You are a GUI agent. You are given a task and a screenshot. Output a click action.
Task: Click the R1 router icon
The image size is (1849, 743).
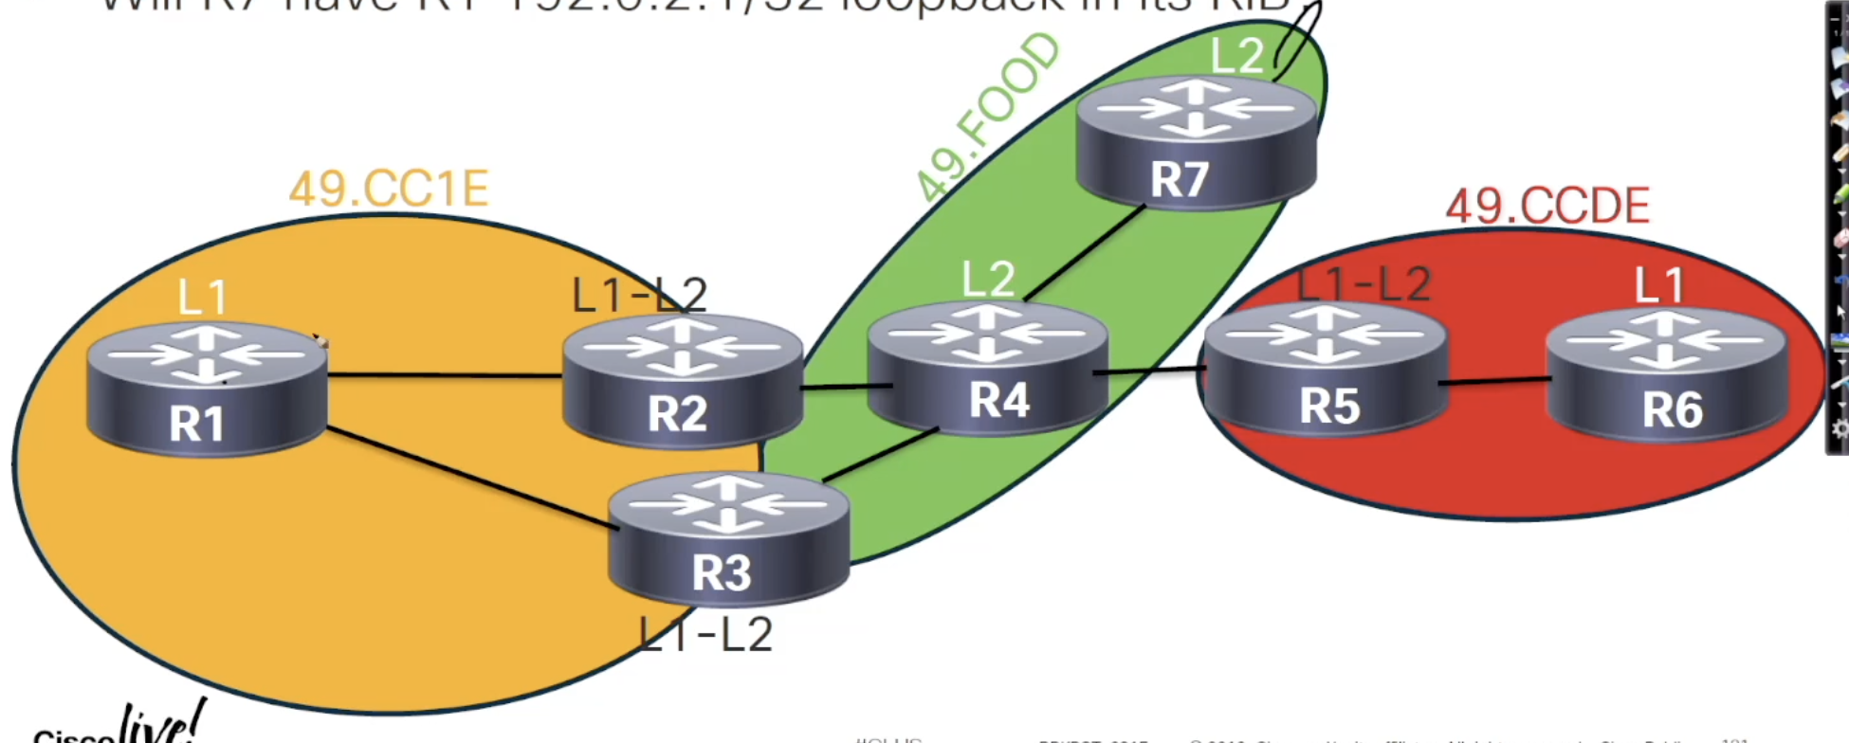[x=207, y=389]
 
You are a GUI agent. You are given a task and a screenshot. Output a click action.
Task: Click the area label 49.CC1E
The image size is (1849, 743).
[x=389, y=189]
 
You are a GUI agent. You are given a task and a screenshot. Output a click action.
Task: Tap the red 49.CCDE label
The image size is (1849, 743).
[x=1547, y=207]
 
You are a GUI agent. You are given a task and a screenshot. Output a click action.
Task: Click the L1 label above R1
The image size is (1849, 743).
[x=203, y=298]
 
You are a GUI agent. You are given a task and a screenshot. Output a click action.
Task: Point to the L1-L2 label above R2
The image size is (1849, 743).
[x=640, y=295]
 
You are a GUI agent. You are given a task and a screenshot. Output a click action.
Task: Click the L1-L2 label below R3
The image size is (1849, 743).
[x=706, y=634]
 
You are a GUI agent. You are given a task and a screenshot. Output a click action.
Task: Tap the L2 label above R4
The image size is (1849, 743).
[x=988, y=280]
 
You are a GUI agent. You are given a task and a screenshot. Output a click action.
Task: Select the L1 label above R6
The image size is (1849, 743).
[x=1659, y=284]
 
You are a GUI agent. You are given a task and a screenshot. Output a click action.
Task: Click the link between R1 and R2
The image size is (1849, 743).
[x=446, y=376]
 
